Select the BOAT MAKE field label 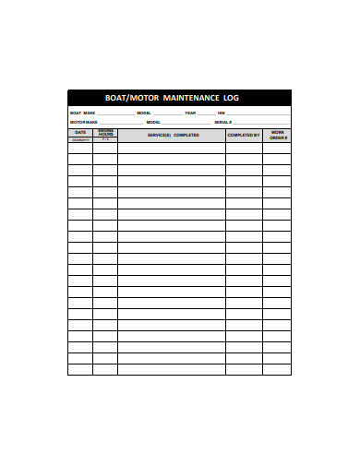point(83,113)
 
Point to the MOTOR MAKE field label point(84,122)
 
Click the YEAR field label point(190,113)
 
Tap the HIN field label point(222,113)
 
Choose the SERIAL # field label point(223,122)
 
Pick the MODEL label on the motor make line point(153,122)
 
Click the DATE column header point(80,132)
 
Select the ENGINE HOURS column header point(105,133)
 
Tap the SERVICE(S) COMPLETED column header point(173,135)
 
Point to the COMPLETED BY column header point(244,135)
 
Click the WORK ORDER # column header point(277,135)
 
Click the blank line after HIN point(258,114)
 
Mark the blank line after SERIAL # point(261,123)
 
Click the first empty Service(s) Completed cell point(172,147)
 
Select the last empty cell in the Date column point(80,369)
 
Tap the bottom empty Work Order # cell point(277,369)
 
